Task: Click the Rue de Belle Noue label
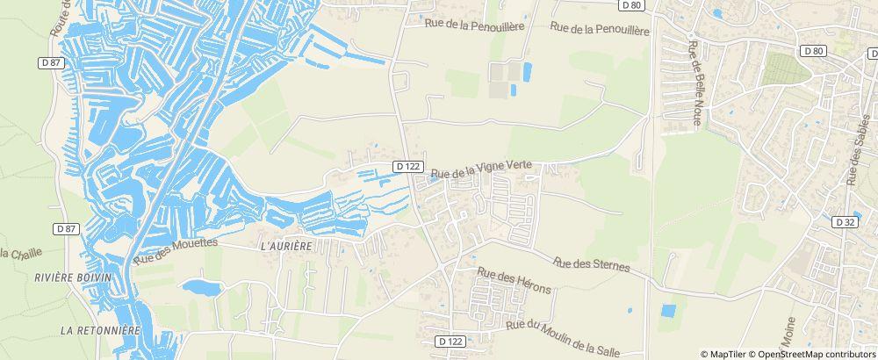pos(697,84)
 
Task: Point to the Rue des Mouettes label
pos(176,250)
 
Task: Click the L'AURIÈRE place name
pos(286,247)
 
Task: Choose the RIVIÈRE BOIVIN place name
pos(73,277)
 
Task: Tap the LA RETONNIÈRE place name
pos(101,331)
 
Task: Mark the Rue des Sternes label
pos(592,263)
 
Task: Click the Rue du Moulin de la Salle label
pos(563,338)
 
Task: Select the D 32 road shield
pos(846,222)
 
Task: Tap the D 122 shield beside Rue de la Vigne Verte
pos(408,166)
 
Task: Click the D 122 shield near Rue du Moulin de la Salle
pos(450,341)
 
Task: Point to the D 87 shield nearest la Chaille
pos(66,228)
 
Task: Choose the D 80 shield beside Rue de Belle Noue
pos(814,51)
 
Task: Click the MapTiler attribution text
pos(726,354)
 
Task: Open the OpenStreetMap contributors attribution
pos(816,354)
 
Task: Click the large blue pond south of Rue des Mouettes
pos(202,287)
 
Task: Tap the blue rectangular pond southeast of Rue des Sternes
pos(668,311)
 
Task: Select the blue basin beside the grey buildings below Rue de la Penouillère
pos(527,72)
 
